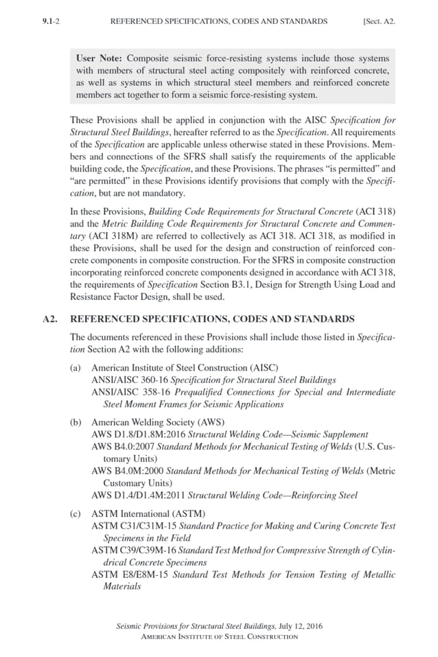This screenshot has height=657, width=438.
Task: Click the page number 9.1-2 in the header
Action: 51,21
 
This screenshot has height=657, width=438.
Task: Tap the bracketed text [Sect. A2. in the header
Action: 378,21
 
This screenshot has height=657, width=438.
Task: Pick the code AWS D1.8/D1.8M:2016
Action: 138,435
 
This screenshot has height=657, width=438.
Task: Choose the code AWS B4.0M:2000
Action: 128,472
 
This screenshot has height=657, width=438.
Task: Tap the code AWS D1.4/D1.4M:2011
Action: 138,496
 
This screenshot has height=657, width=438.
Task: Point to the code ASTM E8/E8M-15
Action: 129,575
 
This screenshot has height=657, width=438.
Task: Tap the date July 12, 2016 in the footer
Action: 299,626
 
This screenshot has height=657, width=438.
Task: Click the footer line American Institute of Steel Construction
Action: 219,636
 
